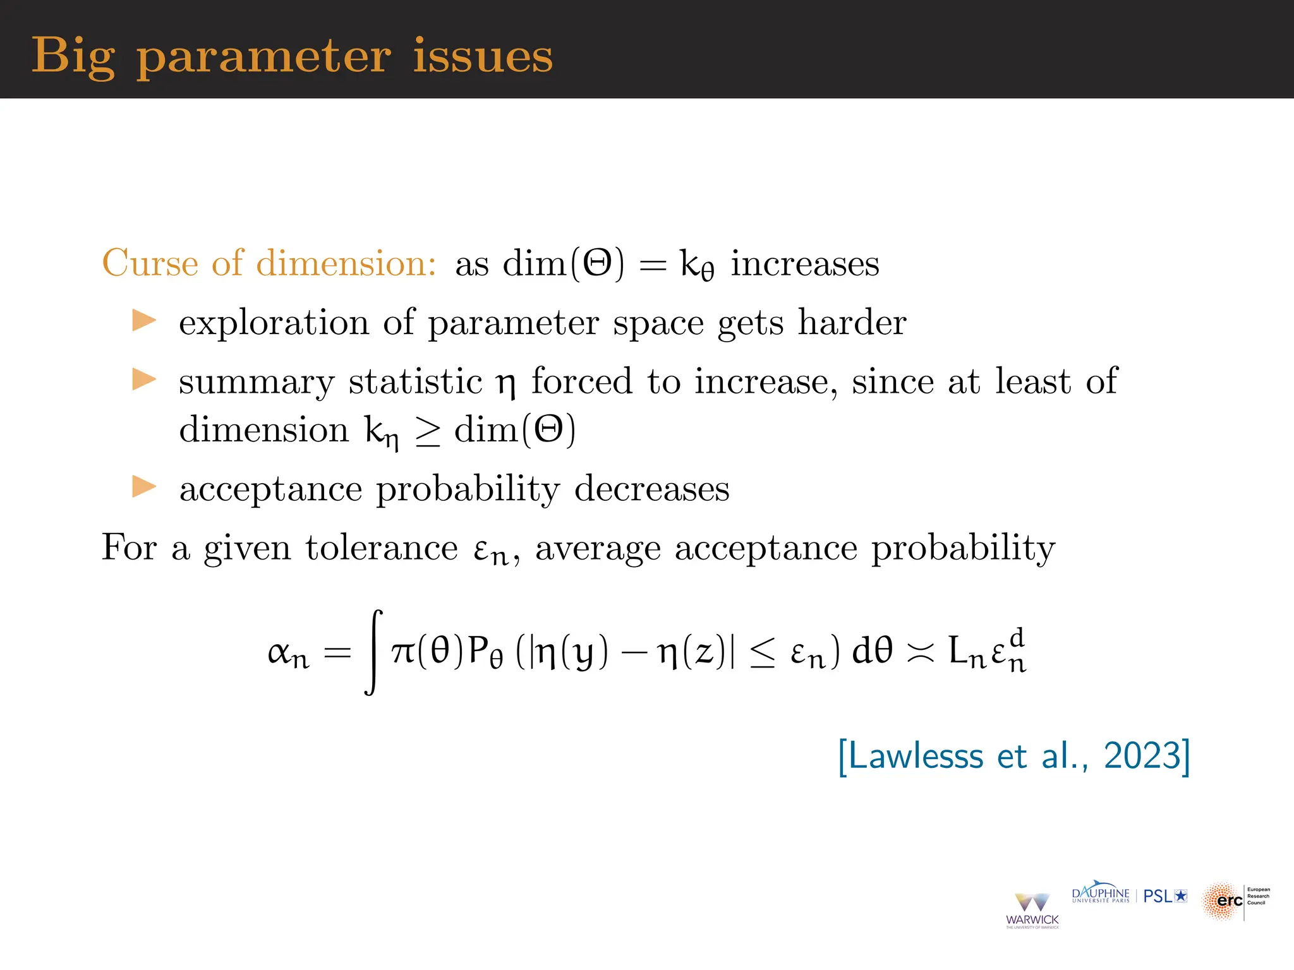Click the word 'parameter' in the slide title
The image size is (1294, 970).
263,57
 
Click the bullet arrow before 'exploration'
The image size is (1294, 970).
144,321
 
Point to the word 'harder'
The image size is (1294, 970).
852,322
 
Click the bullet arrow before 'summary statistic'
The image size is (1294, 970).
144,380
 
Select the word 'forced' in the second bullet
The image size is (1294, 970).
581,381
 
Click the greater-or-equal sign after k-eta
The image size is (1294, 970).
427,432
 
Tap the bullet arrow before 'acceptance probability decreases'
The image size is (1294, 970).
144,487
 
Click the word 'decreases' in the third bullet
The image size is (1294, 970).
651,489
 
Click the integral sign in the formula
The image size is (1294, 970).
374,652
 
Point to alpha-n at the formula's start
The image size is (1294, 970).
288,653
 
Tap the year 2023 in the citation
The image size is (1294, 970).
1142,755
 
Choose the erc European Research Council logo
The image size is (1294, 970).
1235,901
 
